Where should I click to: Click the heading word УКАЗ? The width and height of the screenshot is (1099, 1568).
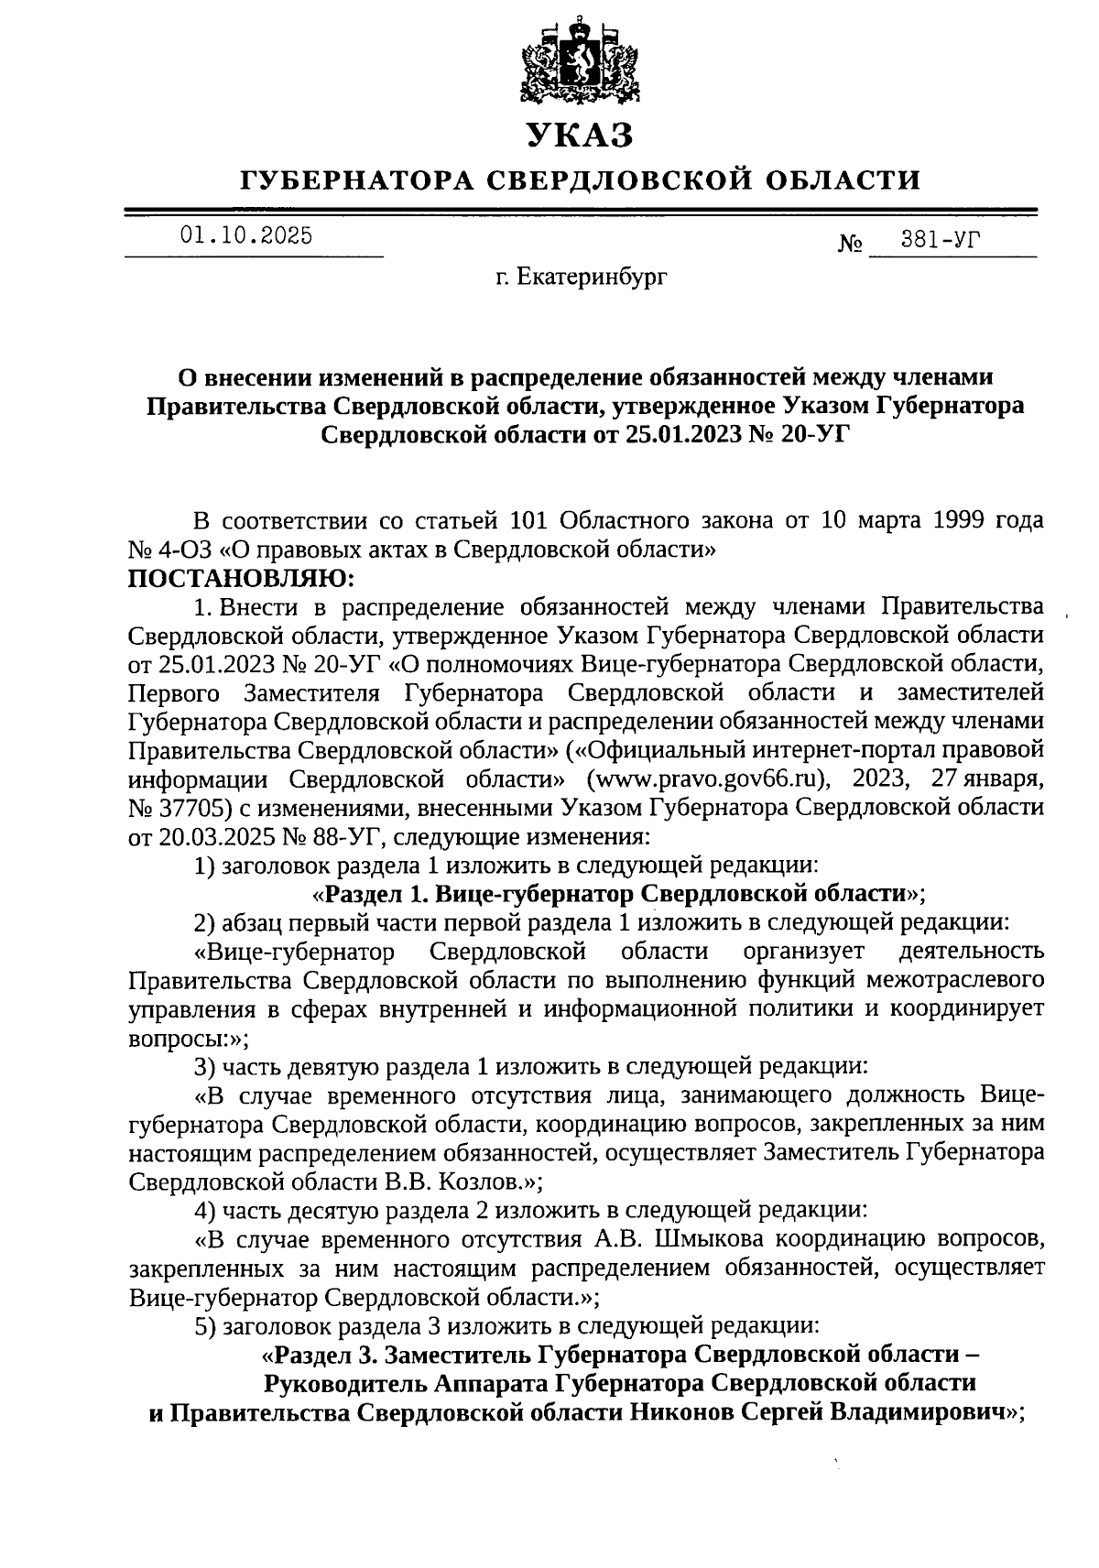[x=580, y=136]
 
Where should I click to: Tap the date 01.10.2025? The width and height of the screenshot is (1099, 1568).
[x=246, y=236]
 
